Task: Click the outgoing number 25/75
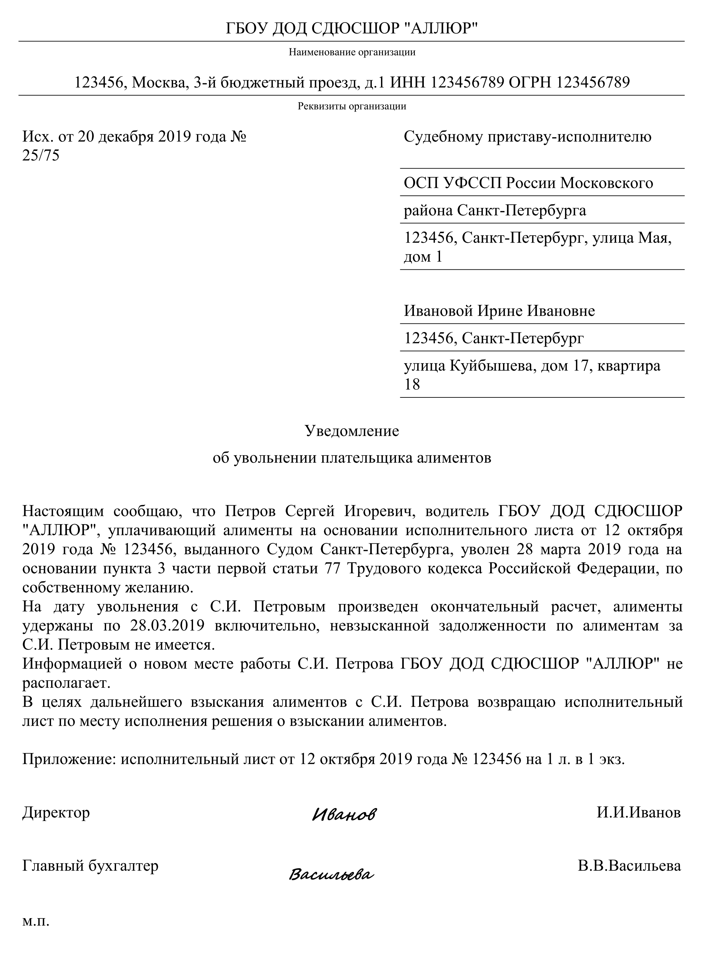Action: pyautogui.click(x=41, y=156)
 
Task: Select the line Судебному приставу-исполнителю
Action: pyautogui.click(x=527, y=137)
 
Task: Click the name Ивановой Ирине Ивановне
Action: pyautogui.click(x=499, y=311)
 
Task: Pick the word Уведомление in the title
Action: pyautogui.click(x=352, y=431)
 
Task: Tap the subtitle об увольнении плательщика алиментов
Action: pyautogui.click(x=352, y=458)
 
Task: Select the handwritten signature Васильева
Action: pyautogui.click(x=332, y=875)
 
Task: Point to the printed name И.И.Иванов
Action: pyautogui.click(x=638, y=812)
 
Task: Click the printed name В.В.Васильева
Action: pyautogui.click(x=629, y=866)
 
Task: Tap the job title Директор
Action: pyautogui.click(x=56, y=812)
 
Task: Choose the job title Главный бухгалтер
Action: pyautogui.click(x=90, y=866)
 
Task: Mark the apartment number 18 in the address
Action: pyautogui.click(x=412, y=384)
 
